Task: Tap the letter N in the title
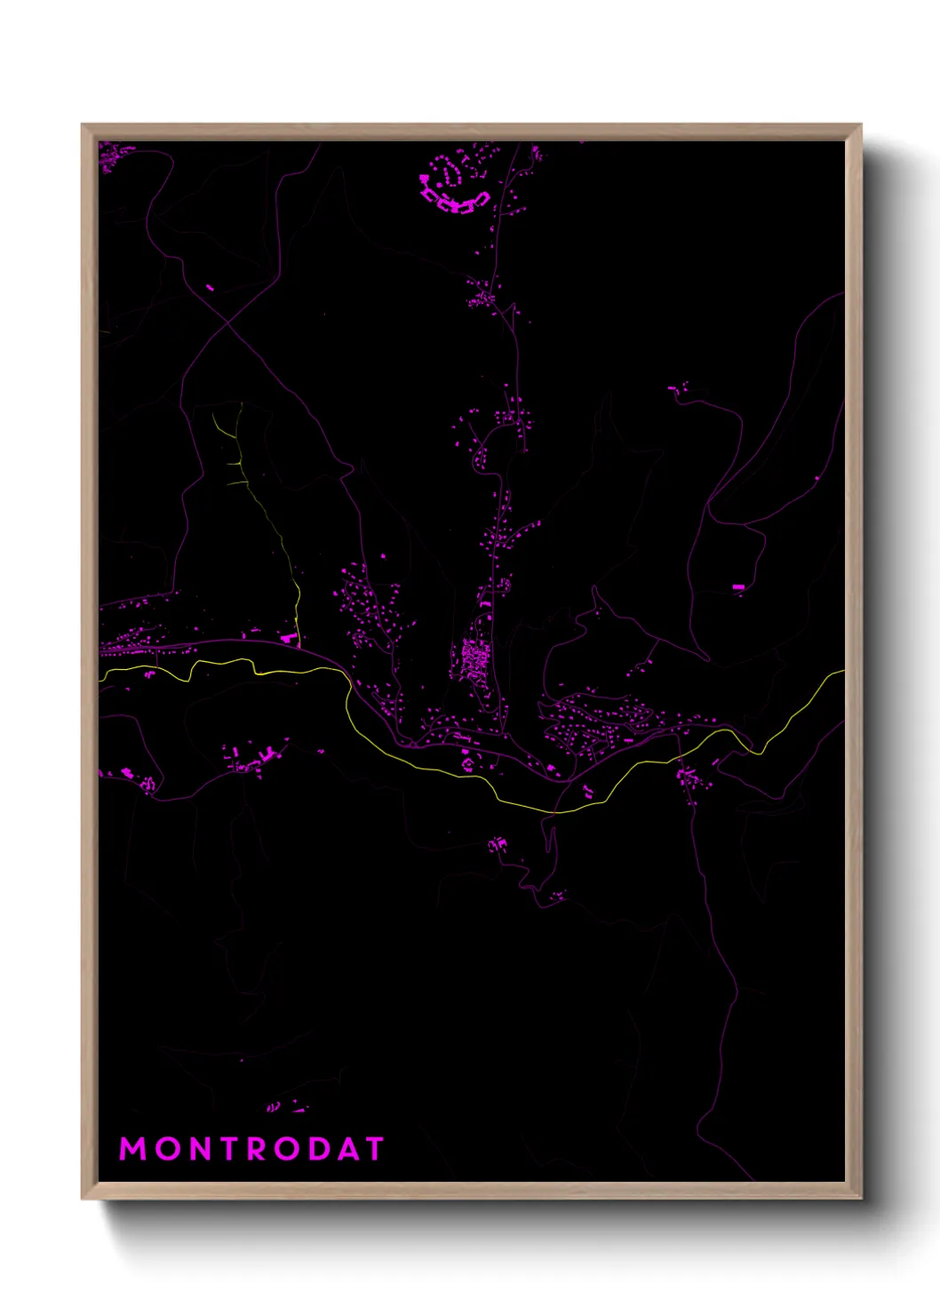tap(195, 1149)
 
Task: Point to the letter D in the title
tap(315, 1149)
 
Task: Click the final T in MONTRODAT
tap(373, 1149)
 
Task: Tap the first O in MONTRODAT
tap(163, 1149)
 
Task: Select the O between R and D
tap(285, 1149)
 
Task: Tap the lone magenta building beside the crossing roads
tap(211, 287)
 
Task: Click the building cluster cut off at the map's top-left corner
tap(114, 155)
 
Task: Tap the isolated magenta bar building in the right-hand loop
tap(738, 587)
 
